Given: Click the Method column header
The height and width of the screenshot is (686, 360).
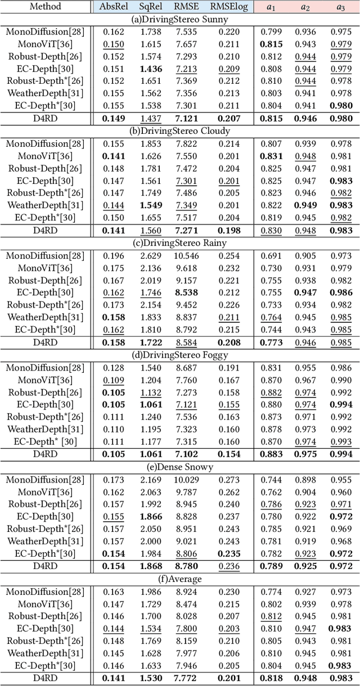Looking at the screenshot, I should tap(45, 7).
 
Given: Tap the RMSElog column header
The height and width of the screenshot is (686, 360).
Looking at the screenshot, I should tap(229, 7).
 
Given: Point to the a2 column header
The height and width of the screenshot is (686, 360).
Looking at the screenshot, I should tap(307, 7).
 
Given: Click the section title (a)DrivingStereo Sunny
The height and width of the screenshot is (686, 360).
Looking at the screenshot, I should tap(179, 19).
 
